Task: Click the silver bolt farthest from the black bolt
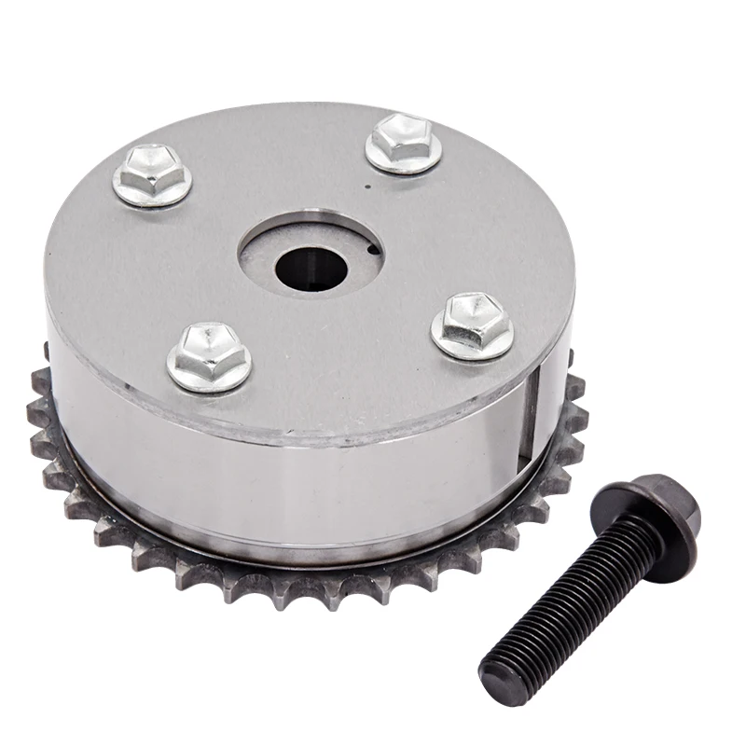click(x=152, y=175)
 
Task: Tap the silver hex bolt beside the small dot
click(x=403, y=142)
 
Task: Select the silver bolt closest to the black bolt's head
click(x=472, y=325)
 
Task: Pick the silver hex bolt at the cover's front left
click(x=209, y=356)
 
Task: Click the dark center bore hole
click(x=311, y=268)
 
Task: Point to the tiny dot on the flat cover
click(x=369, y=185)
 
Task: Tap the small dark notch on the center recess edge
click(x=372, y=249)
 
